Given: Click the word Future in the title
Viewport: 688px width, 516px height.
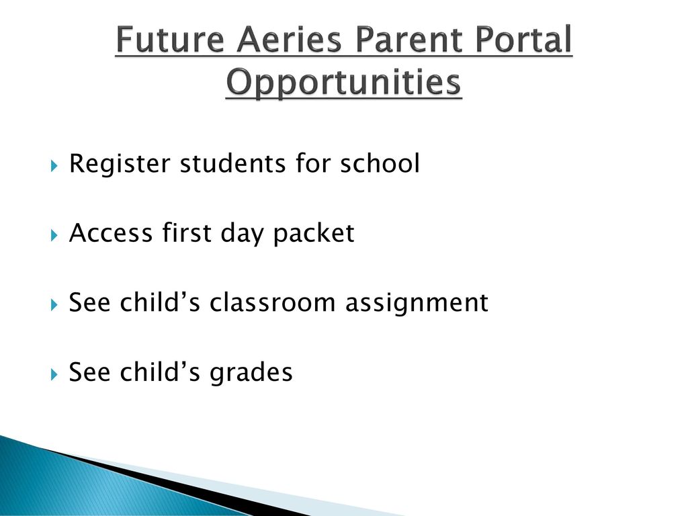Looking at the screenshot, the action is [x=170, y=39].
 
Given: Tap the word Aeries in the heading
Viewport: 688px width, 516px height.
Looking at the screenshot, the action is [x=289, y=39].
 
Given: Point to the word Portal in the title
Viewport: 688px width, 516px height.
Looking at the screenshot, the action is [x=523, y=39].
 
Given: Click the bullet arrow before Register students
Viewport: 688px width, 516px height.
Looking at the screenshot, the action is [x=54, y=165].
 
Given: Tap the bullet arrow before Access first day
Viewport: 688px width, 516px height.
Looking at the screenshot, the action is [x=54, y=235].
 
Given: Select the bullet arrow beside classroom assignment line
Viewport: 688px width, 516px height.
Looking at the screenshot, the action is [x=54, y=304].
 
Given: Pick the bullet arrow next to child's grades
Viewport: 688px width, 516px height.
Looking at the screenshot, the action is [x=54, y=374].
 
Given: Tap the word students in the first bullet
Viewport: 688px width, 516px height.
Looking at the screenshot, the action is [x=232, y=164].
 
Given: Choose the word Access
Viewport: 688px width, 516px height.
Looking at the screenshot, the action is [x=111, y=233].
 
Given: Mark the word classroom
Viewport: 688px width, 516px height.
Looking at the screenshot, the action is [x=272, y=302].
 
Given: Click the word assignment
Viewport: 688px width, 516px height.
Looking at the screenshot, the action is [x=417, y=304].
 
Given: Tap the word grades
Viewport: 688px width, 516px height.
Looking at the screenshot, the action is [x=251, y=374].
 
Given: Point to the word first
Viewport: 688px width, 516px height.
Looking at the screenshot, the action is [x=187, y=232].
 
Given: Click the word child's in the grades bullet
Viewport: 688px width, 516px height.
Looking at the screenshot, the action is [x=160, y=372].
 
